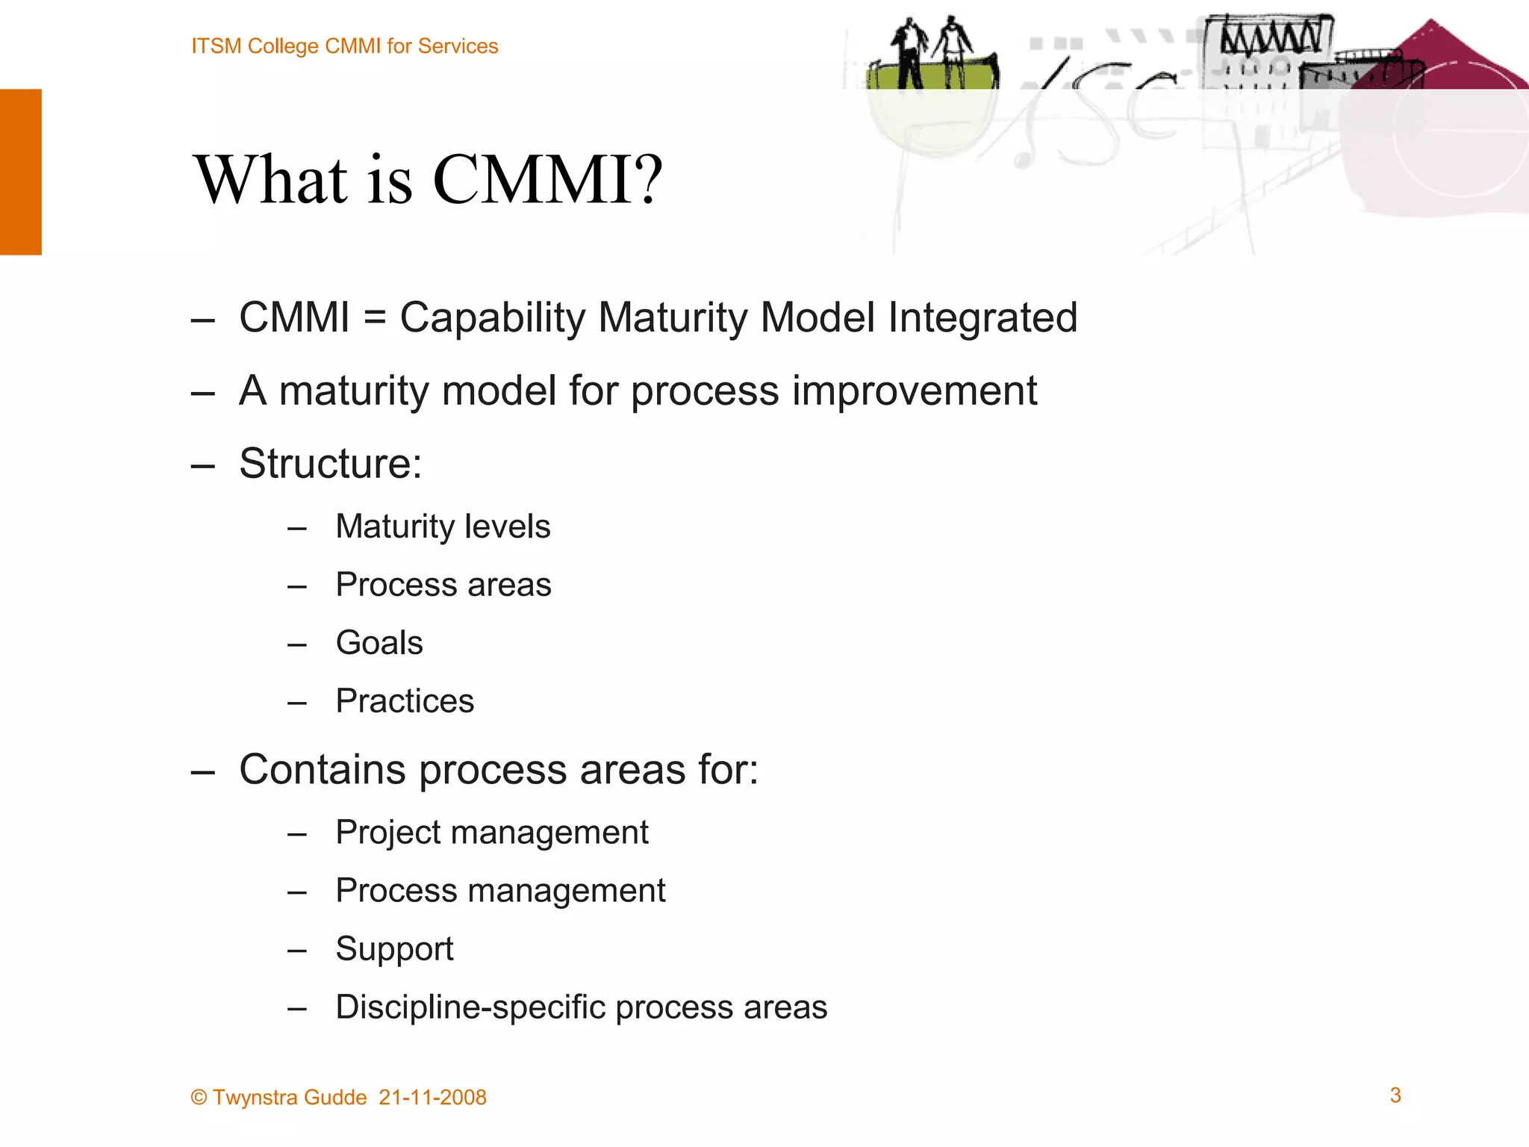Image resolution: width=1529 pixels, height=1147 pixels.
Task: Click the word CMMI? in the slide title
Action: click(x=547, y=180)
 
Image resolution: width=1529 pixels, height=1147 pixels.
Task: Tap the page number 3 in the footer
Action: click(x=1395, y=1095)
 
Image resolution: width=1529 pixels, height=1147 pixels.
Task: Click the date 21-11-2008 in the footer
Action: click(x=432, y=1098)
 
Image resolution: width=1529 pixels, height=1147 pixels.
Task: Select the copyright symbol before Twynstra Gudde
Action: click(x=199, y=1098)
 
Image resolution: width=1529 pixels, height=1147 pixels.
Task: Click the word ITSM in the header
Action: click(x=216, y=46)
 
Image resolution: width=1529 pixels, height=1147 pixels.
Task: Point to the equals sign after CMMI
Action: click(x=375, y=318)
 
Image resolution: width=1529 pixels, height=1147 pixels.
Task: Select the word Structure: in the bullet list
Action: click(x=331, y=464)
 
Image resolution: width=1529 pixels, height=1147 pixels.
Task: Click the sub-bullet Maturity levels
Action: click(x=443, y=526)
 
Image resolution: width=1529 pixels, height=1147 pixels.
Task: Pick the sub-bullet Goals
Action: click(x=379, y=643)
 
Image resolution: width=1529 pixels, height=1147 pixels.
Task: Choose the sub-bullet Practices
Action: click(x=405, y=701)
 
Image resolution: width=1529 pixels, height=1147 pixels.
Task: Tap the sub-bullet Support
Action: click(x=394, y=949)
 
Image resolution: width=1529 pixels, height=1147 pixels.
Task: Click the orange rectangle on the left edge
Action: click(x=20, y=172)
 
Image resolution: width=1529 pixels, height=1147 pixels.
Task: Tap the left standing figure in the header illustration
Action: click(x=909, y=52)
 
